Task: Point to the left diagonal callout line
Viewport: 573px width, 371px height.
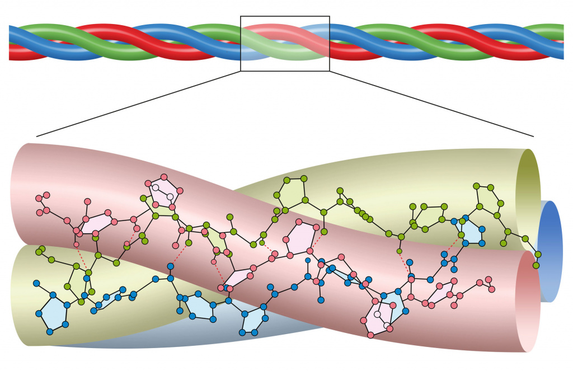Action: [x=140, y=104]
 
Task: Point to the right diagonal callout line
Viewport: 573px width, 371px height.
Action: [x=431, y=104]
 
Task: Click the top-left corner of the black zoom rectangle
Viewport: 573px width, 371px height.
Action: [x=241, y=16]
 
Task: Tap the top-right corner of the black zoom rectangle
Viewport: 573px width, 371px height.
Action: [x=330, y=16]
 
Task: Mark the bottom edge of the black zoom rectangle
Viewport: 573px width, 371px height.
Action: [x=285, y=71]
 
